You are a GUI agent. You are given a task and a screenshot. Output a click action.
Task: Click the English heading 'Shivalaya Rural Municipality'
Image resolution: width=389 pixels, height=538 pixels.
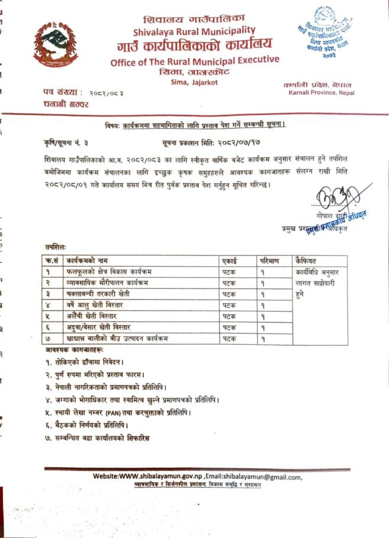click(194, 31)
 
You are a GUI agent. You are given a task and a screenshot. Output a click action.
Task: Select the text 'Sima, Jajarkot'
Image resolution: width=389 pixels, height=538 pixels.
click(194, 82)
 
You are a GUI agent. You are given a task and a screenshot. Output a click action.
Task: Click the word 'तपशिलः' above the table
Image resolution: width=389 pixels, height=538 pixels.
click(54, 245)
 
